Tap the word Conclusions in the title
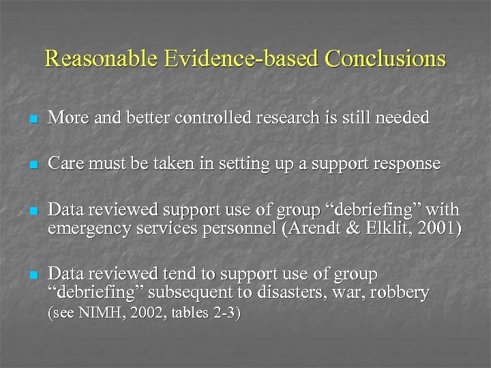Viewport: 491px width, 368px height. tap(385, 59)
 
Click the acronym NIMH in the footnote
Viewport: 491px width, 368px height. tap(93, 314)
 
